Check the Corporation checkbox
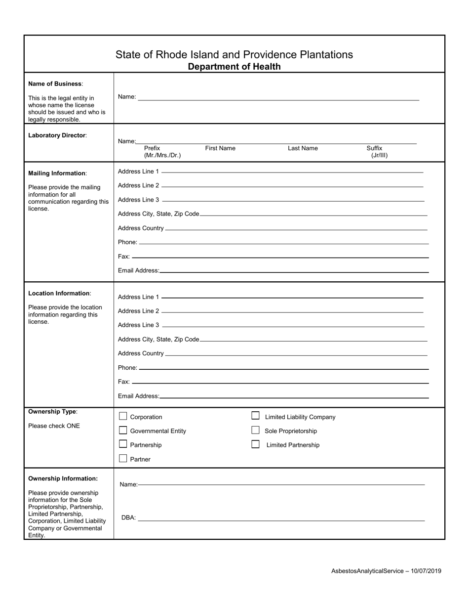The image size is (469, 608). click(123, 417)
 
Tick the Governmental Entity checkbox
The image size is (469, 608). click(123, 431)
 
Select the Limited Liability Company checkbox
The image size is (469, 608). click(255, 416)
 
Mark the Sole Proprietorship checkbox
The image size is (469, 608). click(255, 431)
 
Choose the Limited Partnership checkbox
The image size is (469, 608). click(255, 444)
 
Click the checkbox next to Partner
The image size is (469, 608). click(123, 459)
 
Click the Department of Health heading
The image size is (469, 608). click(234, 67)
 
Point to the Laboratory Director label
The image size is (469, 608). click(57, 135)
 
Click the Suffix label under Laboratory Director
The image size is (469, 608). click(374, 148)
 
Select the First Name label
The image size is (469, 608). click(220, 148)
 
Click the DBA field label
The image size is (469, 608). click(128, 518)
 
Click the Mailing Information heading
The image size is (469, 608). click(57, 174)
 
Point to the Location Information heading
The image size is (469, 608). click(59, 293)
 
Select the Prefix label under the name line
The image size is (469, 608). click(152, 148)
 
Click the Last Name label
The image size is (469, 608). click(303, 148)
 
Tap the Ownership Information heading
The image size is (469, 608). click(63, 478)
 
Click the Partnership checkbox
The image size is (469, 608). click(123, 444)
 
